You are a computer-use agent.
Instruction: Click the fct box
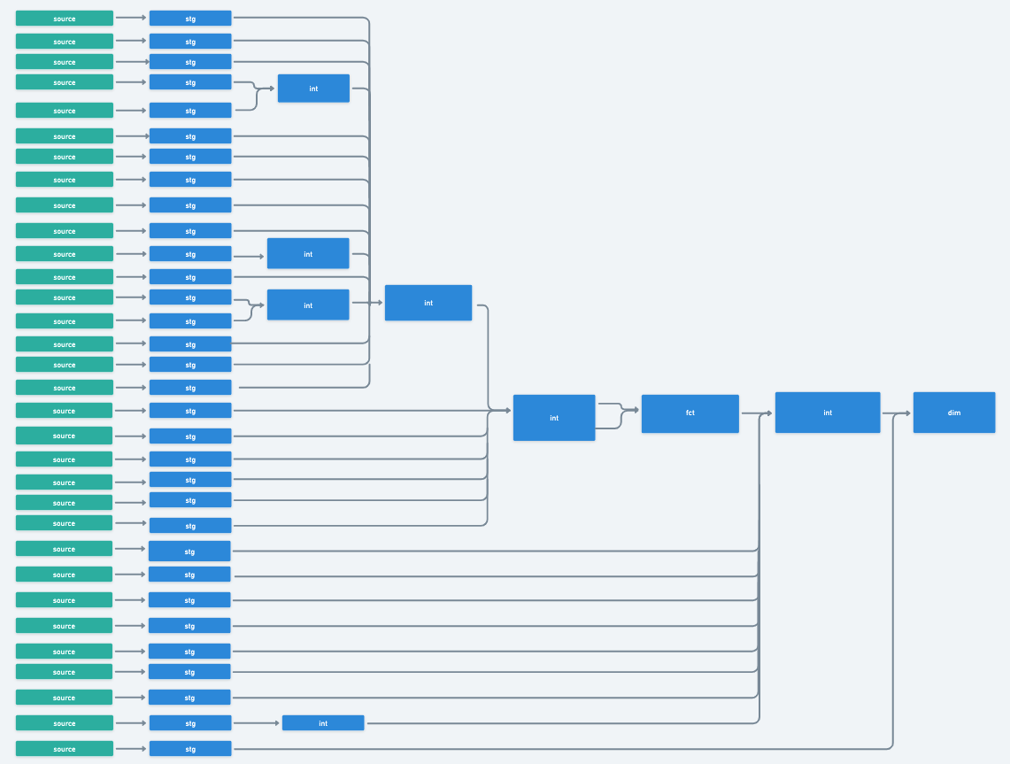pyautogui.click(x=690, y=413)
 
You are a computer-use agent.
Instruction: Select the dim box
pyautogui.click(x=953, y=413)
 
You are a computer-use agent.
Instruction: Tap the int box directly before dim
pyautogui.click(x=827, y=413)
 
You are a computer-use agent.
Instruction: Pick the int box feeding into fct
pyautogui.click(x=553, y=418)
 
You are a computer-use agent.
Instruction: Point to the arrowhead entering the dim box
pyautogui.click(x=906, y=413)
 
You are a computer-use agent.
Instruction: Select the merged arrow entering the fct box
pyautogui.click(x=630, y=411)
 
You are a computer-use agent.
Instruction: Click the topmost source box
pyautogui.click(x=65, y=19)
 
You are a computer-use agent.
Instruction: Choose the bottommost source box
pyautogui.click(x=65, y=749)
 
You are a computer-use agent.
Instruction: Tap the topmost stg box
pyautogui.click(x=190, y=19)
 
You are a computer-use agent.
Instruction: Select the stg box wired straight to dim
pyautogui.click(x=190, y=749)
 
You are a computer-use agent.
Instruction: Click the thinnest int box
pyautogui.click(x=323, y=723)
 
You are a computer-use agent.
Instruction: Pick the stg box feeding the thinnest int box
pyautogui.click(x=190, y=723)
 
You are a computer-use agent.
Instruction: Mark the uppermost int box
pyautogui.click(x=313, y=89)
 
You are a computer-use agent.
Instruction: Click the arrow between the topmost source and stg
pyautogui.click(x=131, y=18)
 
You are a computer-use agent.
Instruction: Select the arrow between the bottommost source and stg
pyautogui.click(x=131, y=749)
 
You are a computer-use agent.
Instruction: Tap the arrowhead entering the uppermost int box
pyautogui.click(x=271, y=89)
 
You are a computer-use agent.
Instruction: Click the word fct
pyautogui.click(x=690, y=413)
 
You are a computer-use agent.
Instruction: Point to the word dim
pyautogui.click(x=953, y=413)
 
